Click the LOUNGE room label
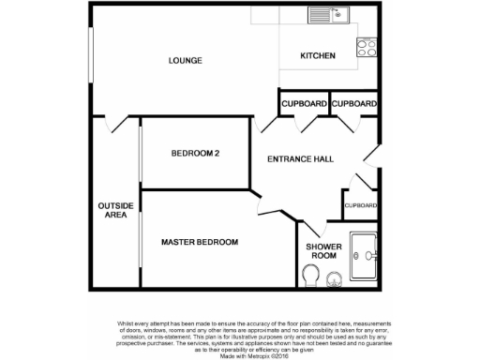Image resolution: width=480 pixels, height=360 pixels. point(185,61)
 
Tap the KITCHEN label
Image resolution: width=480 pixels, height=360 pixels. point(317,56)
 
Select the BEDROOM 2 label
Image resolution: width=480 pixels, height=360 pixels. point(195,154)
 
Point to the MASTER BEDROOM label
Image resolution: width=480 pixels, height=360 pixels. point(199,242)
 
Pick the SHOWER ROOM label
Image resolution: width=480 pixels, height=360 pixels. point(322,250)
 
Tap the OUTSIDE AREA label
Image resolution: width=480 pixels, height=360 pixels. point(115,209)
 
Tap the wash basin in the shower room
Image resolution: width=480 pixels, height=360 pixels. point(334,277)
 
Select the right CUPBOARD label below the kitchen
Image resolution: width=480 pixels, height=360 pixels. point(354,103)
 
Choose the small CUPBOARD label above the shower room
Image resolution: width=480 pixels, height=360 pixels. point(360,205)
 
